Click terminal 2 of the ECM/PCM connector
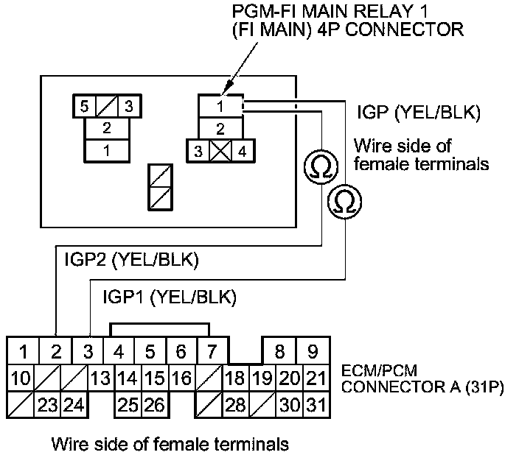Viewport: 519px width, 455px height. [x=56, y=351]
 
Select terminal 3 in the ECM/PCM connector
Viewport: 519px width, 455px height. [x=88, y=351]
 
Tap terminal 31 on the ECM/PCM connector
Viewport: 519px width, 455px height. [x=315, y=404]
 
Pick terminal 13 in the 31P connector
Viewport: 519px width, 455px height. [x=100, y=378]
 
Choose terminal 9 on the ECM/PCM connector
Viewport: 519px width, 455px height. [x=313, y=351]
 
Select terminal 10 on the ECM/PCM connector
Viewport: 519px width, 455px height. [x=21, y=378]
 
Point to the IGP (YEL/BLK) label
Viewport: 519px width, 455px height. [x=418, y=113]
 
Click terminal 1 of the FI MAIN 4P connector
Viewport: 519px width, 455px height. [x=220, y=107]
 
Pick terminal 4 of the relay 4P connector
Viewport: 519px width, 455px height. [x=243, y=152]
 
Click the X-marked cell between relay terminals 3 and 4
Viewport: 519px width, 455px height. [x=220, y=152]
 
